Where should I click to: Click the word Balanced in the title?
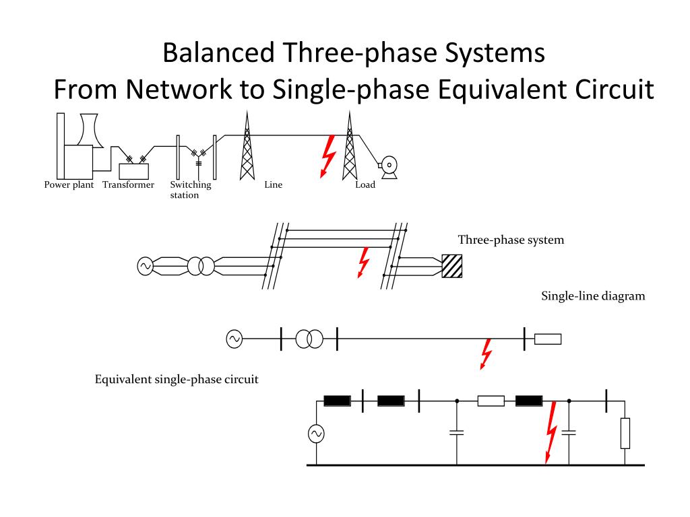point(219,53)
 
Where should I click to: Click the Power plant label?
point(69,185)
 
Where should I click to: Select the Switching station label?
point(191,190)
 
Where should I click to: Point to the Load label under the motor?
point(365,184)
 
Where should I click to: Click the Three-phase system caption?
point(511,240)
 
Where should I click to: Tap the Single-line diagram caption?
point(593,296)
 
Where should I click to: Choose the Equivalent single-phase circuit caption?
point(177,380)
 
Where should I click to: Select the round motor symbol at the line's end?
point(389,167)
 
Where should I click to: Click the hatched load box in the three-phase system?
point(452,267)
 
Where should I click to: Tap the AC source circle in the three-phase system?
point(145,267)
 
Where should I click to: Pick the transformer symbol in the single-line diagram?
point(309,339)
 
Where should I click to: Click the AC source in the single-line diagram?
point(234,339)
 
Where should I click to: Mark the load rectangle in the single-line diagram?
point(548,339)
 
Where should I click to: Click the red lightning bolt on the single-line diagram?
point(486,354)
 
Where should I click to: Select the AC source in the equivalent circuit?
point(316,434)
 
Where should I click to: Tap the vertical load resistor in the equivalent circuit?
point(625,434)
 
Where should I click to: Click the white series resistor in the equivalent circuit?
point(491,401)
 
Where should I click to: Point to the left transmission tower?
point(247,145)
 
